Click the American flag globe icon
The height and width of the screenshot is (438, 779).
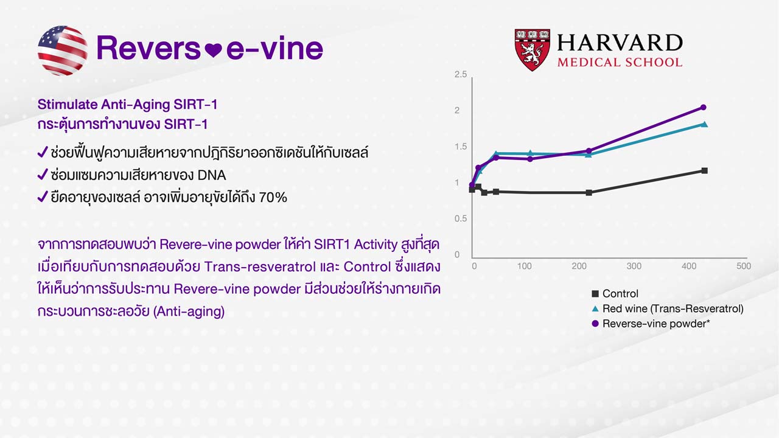tap(63, 50)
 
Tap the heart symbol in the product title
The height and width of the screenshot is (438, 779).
tap(213, 50)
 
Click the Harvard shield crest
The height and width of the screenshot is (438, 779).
tap(532, 50)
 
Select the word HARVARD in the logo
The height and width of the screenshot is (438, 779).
tap(620, 43)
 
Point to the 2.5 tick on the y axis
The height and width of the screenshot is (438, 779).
tap(461, 74)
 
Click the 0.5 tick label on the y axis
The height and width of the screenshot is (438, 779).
tap(461, 218)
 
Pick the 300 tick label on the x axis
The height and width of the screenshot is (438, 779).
tap(634, 266)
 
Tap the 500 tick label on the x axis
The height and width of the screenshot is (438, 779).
tap(744, 266)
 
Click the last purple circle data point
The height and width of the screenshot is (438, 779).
tap(703, 108)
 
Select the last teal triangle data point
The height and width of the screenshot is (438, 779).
tap(705, 124)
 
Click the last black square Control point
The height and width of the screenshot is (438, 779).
tap(705, 171)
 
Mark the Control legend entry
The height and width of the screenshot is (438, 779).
tap(615, 294)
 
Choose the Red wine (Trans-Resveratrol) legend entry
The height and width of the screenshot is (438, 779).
tap(668, 308)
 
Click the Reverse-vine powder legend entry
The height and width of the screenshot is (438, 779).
tap(651, 324)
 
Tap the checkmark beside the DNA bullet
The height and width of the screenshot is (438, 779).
tap(43, 175)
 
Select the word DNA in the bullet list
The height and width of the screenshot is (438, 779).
tap(211, 175)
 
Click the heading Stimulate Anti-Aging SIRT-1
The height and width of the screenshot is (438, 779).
tap(127, 105)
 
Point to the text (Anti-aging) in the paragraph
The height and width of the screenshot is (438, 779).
tap(189, 311)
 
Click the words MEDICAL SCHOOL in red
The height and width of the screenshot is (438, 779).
tap(620, 63)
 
